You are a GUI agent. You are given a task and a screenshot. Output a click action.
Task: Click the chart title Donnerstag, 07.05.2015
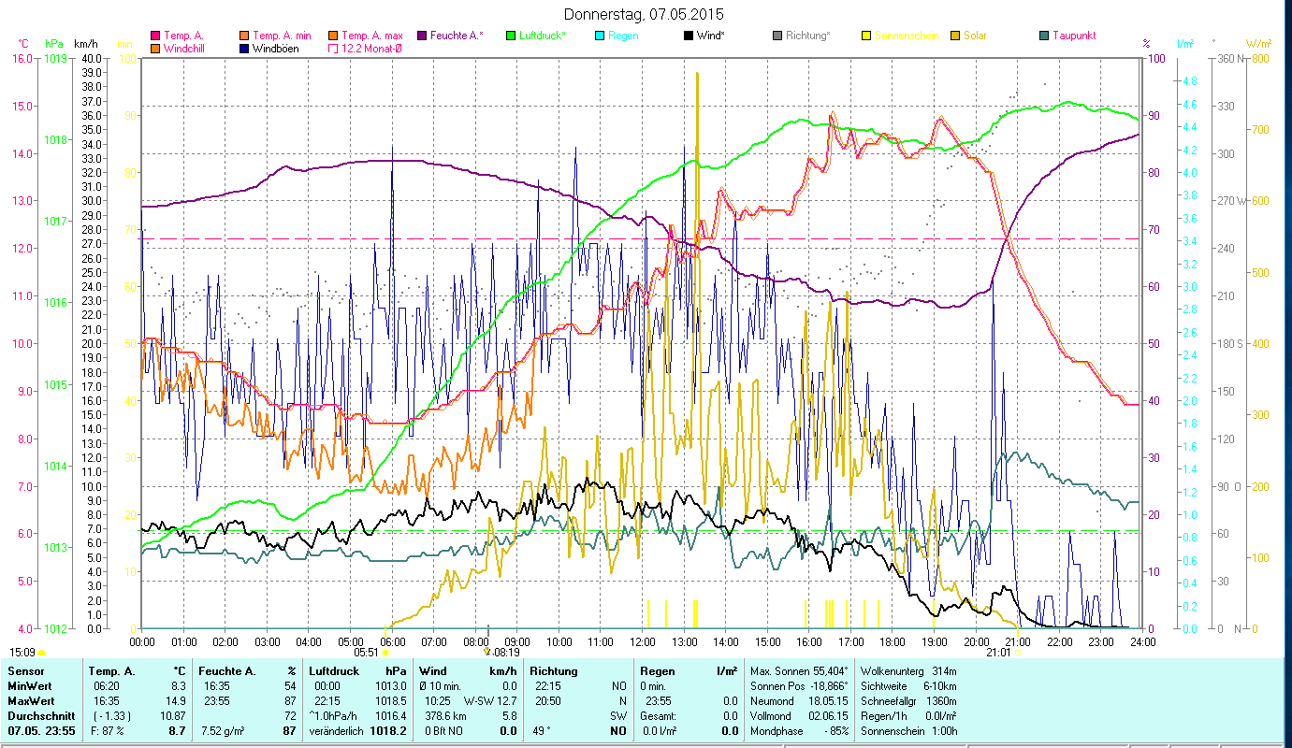(645, 14)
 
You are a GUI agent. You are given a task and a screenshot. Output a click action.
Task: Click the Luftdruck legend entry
(541, 36)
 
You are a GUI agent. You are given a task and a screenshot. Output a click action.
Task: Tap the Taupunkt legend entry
(1073, 36)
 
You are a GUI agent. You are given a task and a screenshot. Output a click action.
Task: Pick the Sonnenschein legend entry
(904, 36)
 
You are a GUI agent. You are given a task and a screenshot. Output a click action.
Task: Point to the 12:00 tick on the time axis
(643, 642)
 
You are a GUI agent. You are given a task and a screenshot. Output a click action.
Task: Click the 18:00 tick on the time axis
(893, 642)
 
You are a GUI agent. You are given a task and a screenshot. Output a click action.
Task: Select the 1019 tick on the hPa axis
(55, 58)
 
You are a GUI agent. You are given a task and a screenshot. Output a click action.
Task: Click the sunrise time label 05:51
(366, 653)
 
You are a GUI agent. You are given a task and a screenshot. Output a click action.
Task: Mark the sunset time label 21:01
(998, 653)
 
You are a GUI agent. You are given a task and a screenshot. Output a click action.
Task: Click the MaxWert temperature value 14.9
(177, 700)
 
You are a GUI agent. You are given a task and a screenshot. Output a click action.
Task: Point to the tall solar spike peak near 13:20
(697, 74)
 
